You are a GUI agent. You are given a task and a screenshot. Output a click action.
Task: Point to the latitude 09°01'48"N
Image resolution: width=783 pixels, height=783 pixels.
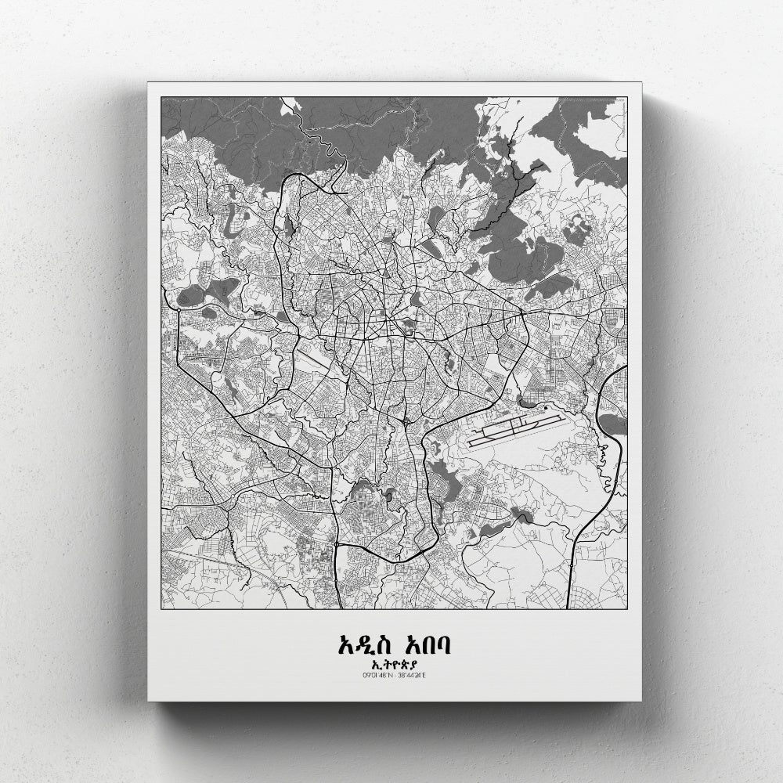pos(377,675)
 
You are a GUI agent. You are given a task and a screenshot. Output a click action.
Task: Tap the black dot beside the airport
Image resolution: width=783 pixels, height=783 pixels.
pos(545,407)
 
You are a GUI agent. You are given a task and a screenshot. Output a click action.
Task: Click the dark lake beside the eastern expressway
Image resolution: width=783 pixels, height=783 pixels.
pos(615,424)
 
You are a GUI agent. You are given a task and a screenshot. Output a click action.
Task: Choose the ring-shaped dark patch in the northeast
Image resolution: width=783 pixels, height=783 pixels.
pos(577,230)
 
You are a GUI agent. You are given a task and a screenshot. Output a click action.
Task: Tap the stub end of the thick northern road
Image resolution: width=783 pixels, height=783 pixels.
pos(345,191)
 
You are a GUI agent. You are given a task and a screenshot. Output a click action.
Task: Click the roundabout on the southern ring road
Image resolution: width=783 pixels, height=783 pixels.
pos(336,543)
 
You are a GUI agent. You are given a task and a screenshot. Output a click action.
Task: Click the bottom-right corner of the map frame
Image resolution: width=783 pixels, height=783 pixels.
pos(626,608)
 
